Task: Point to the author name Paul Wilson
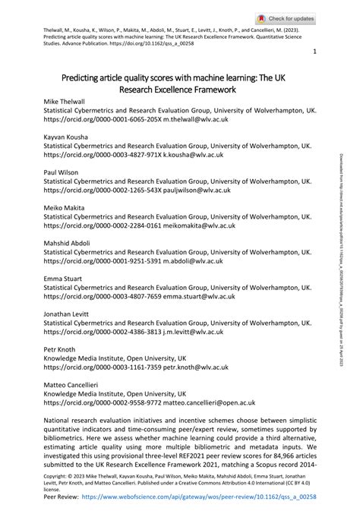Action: click(61, 172)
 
